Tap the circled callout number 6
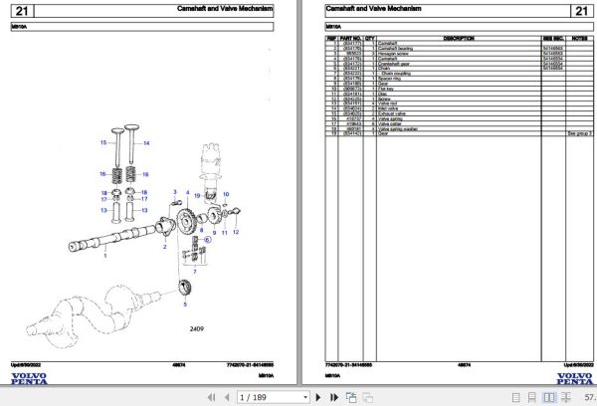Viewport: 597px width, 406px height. click(207, 240)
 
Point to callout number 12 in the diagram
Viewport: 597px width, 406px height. click(236, 231)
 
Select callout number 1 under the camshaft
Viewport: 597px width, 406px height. click(105, 257)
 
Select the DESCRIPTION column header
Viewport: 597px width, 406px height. click(458, 38)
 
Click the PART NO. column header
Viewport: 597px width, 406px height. click(352, 38)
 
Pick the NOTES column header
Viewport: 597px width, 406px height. click(579, 38)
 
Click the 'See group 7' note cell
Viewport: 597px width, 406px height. click(579, 132)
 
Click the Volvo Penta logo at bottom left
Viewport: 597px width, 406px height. click(29, 379)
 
